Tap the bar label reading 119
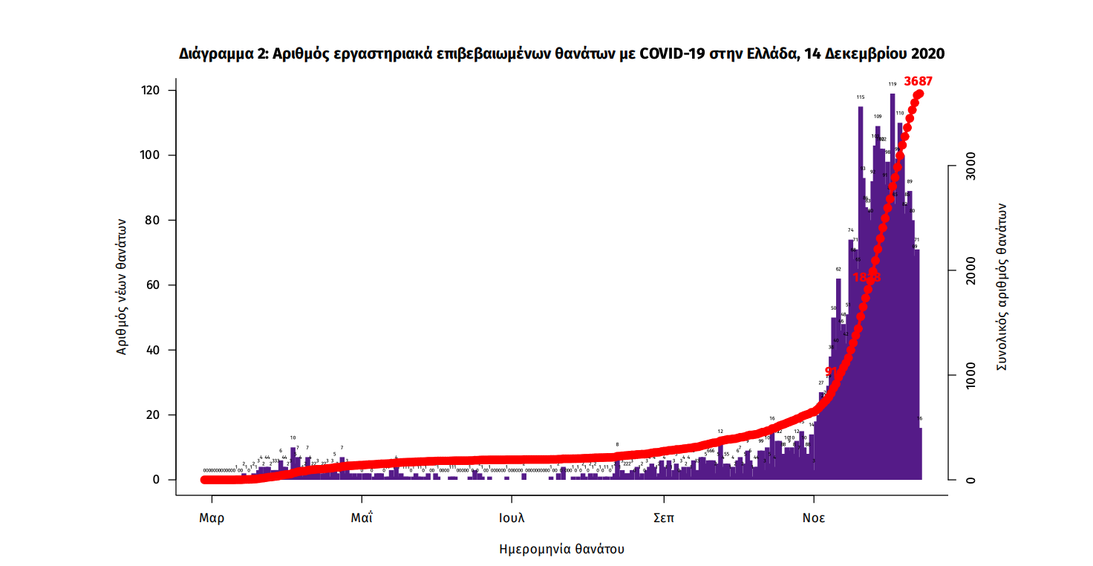[x=892, y=84]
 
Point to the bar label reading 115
[x=860, y=97]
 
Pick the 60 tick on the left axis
[x=154, y=285]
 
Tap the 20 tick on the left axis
[x=154, y=415]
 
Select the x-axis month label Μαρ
[x=212, y=518]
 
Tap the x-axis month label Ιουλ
[x=512, y=518]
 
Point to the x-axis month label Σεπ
[x=663, y=518]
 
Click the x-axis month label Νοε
[x=814, y=518]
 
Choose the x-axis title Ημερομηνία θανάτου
[x=561, y=550]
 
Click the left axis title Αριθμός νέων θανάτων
[x=123, y=287]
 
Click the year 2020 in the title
[x=927, y=54]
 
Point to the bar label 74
[x=851, y=230]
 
